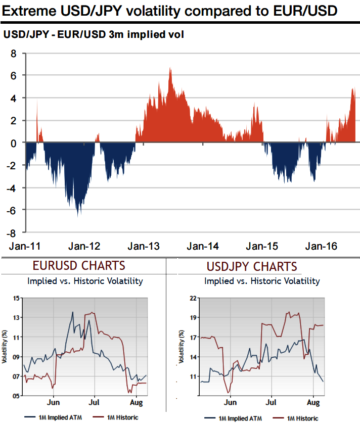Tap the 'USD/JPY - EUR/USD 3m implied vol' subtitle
click(94, 35)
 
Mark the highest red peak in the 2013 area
click(170, 69)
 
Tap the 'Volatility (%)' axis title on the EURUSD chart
click(5, 347)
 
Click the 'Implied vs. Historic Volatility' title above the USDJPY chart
click(262, 281)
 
